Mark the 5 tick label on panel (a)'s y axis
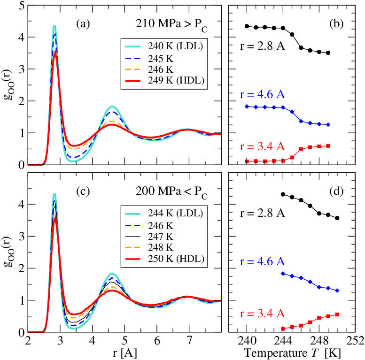coord(21,6)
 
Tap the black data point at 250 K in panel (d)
coord(337,218)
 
